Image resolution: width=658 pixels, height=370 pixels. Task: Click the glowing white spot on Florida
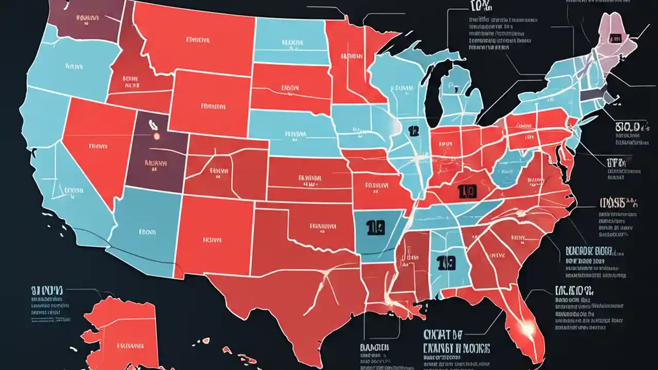point(525,325)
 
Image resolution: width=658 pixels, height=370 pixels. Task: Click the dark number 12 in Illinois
point(412,132)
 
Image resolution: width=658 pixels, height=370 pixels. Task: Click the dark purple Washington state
point(87,21)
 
